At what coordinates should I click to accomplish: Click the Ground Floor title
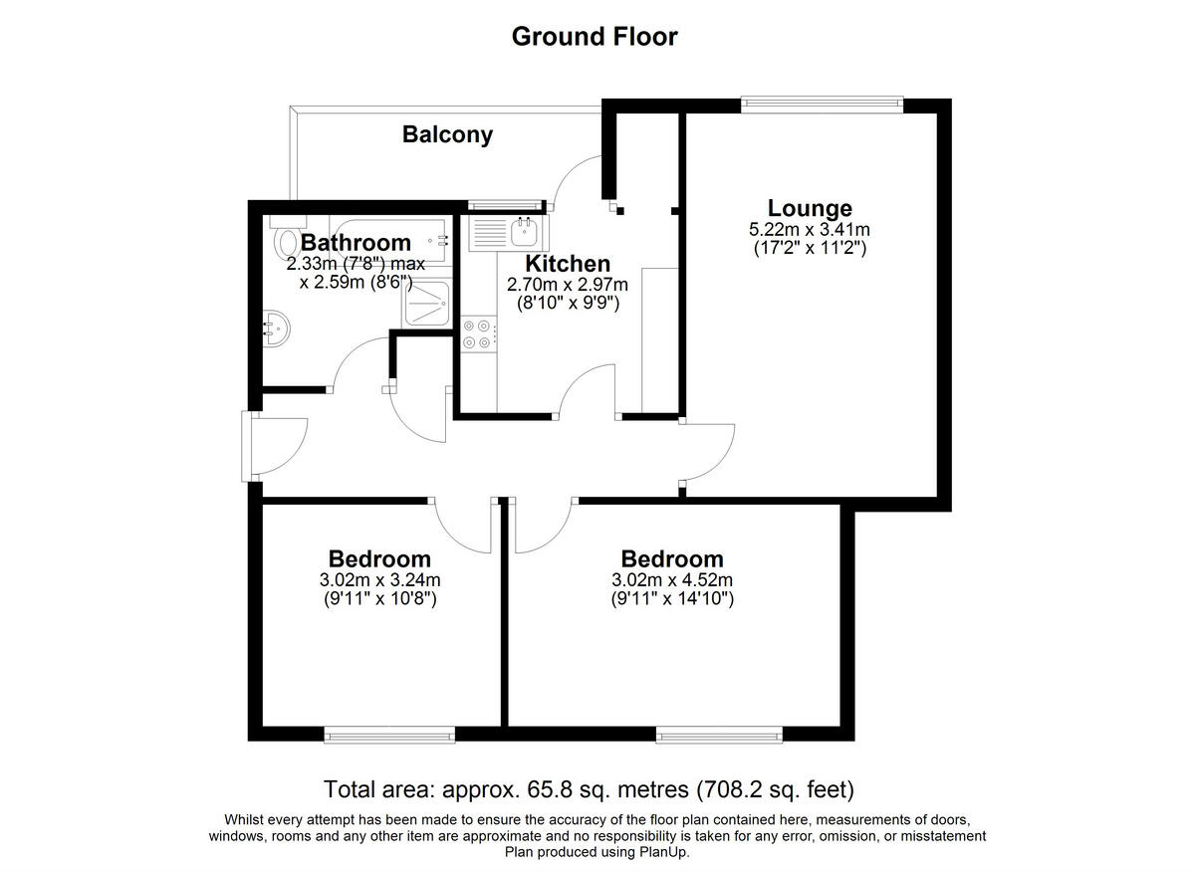[595, 37]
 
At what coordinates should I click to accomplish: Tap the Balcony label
[447, 134]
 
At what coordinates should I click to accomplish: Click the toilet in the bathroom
[288, 240]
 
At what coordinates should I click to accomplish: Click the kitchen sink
[524, 233]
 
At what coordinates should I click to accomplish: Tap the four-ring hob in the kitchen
[478, 333]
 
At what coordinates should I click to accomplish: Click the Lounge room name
[810, 208]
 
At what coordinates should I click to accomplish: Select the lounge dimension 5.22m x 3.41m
[810, 230]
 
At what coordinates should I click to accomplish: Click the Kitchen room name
[568, 264]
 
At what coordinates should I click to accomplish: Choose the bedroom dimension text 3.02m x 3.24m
[379, 580]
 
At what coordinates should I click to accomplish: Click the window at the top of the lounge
[822, 100]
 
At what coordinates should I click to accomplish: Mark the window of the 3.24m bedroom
[389, 735]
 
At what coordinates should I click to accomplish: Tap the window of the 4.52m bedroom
[719, 735]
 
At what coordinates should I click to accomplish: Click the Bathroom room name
[356, 242]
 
